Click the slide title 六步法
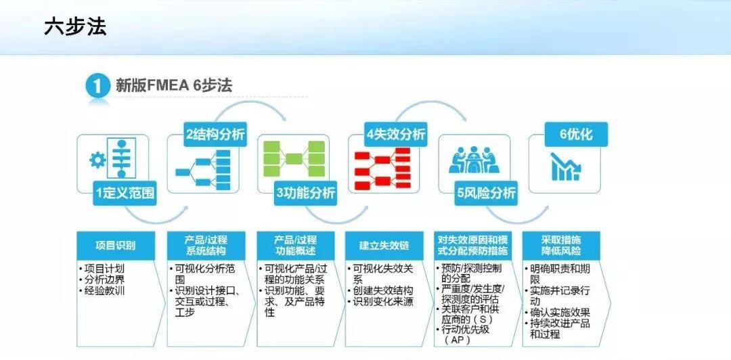point(75,27)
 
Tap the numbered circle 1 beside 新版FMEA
point(98,87)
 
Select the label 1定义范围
point(125,193)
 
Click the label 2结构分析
point(215,133)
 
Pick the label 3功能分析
point(305,193)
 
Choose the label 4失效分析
point(396,133)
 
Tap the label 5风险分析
point(486,193)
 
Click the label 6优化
point(575,134)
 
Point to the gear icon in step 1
point(98,160)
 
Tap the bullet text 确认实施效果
point(560,312)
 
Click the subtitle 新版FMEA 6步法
point(174,86)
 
